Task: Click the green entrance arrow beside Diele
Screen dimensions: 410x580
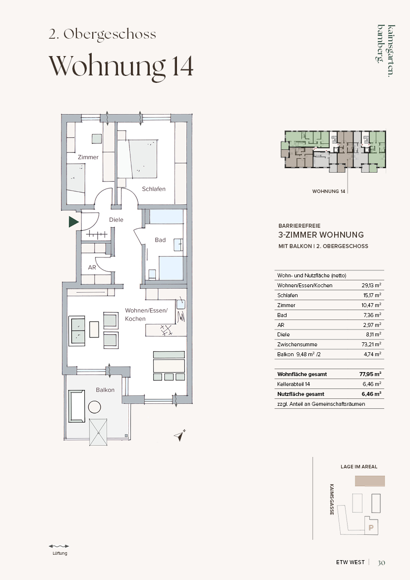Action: click(x=74, y=222)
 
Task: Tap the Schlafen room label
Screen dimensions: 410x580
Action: click(x=154, y=189)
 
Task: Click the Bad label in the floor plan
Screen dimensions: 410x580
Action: click(x=160, y=240)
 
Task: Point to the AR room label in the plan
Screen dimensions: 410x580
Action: click(x=92, y=267)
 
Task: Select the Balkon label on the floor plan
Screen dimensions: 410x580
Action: click(x=105, y=390)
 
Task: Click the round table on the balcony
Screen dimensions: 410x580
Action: click(x=95, y=407)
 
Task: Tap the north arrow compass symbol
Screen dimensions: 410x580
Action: click(x=180, y=435)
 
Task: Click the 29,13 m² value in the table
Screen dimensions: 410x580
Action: click(x=371, y=285)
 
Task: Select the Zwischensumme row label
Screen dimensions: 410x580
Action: click(x=297, y=344)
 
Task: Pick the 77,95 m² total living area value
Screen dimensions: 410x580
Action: click(x=370, y=374)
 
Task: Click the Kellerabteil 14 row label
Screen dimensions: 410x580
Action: click(x=293, y=385)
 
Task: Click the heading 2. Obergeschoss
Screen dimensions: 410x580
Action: click(x=103, y=34)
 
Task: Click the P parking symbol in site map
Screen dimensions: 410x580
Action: click(x=371, y=528)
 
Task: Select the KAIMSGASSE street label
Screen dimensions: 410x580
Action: click(x=332, y=499)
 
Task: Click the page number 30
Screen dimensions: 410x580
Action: click(x=381, y=563)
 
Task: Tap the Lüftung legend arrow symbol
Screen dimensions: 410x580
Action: click(x=59, y=546)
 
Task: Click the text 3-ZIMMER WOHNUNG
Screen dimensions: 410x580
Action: click(x=321, y=235)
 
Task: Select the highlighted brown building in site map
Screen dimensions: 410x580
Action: click(x=370, y=481)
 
